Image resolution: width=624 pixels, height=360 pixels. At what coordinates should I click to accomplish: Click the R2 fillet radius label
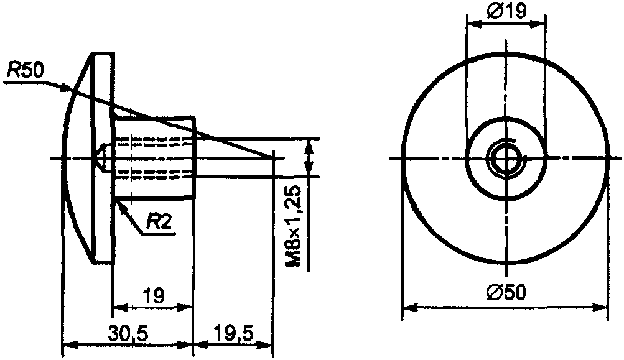point(159,221)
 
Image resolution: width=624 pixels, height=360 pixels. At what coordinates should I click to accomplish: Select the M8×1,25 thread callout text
point(295,226)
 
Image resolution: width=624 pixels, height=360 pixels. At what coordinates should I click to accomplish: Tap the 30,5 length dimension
point(128,333)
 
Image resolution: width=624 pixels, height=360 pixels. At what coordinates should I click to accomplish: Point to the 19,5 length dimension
point(233,333)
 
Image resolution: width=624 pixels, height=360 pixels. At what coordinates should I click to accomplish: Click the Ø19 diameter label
point(506,12)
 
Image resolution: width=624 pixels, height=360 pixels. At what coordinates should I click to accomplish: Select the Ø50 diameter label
point(506,293)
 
